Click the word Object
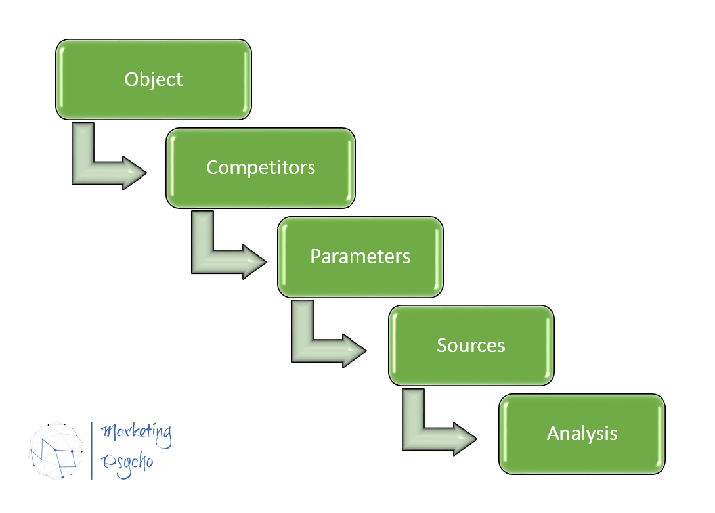pyautogui.click(x=154, y=79)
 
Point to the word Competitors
pyautogui.click(x=261, y=167)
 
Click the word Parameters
pyautogui.click(x=360, y=256)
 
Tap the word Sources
pyautogui.click(x=471, y=346)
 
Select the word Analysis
pyautogui.click(x=582, y=434)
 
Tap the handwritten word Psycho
pyautogui.click(x=127, y=462)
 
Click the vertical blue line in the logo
pyautogui.click(x=91, y=450)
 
